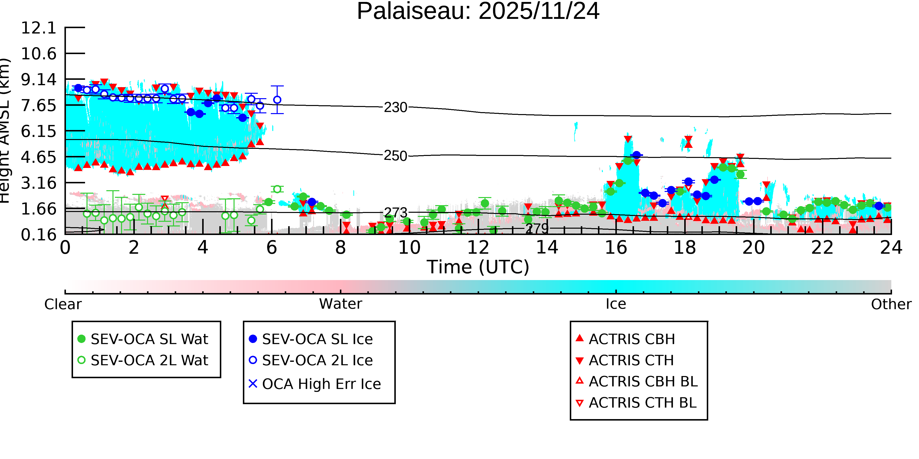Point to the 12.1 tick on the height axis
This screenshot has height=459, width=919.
point(38,28)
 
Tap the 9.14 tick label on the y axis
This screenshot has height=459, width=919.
point(38,80)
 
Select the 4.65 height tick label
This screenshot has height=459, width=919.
point(38,157)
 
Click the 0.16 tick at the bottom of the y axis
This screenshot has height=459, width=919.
point(38,235)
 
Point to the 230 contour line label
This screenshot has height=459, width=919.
point(395,107)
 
